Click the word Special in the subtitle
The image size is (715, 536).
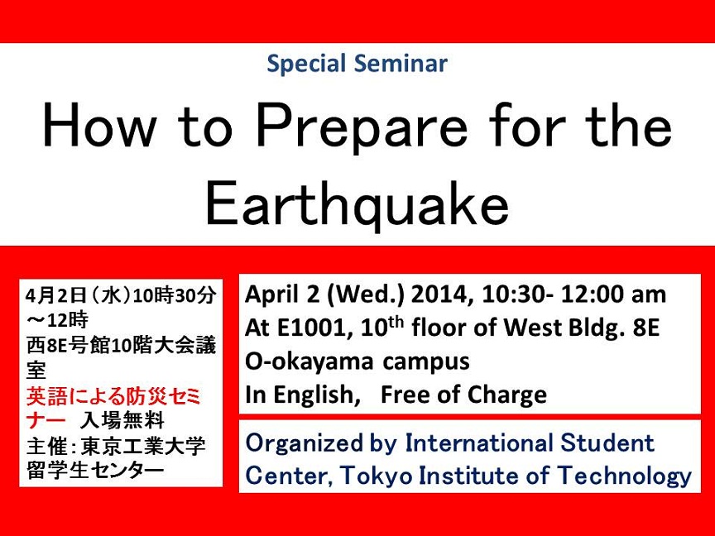coord(306,65)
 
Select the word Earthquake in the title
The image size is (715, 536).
coord(357,204)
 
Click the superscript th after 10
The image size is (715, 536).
coord(395,323)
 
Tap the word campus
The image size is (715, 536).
coord(426,362)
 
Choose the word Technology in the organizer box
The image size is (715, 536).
coord(625,476)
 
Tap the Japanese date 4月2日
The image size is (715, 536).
coord(56,296)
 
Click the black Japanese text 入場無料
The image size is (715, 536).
coord(122,421)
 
